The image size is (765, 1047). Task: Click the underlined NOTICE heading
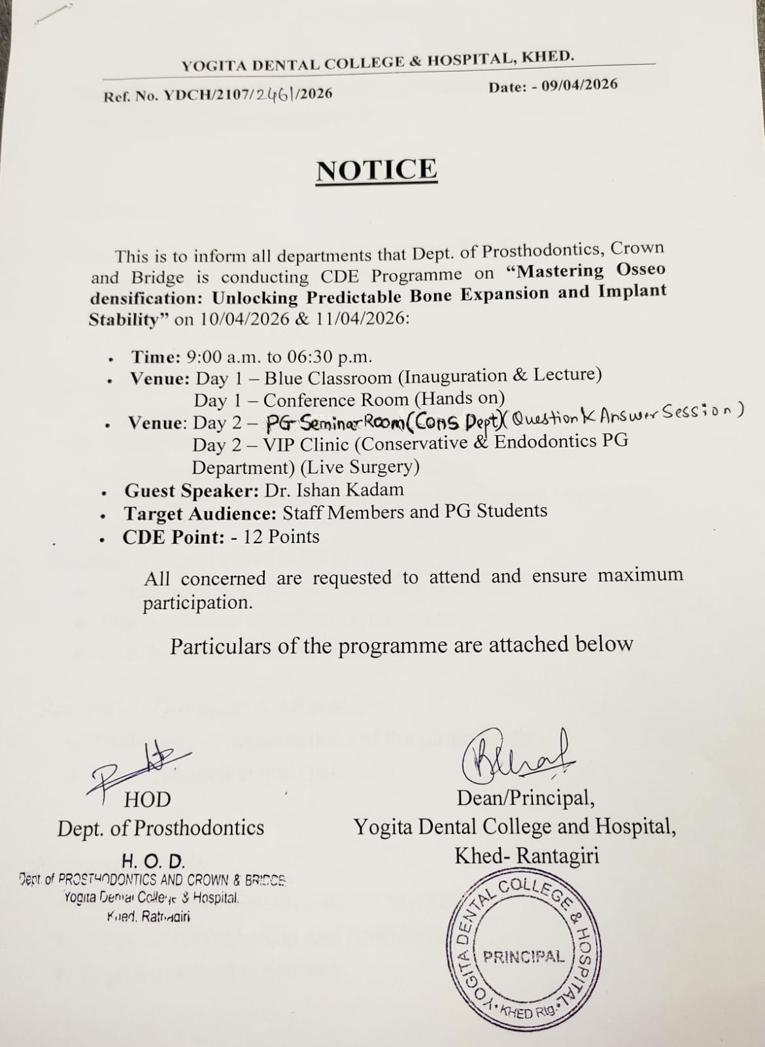(x=377, y=170)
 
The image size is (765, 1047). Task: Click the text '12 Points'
(x=281, y=537)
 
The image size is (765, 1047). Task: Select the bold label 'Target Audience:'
(x=200, y=513)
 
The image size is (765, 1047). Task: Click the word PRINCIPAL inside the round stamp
(x=523, y=957)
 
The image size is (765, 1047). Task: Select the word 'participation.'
(x=197, y=603)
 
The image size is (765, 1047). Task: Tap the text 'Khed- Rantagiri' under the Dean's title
(x=527, y=855)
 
